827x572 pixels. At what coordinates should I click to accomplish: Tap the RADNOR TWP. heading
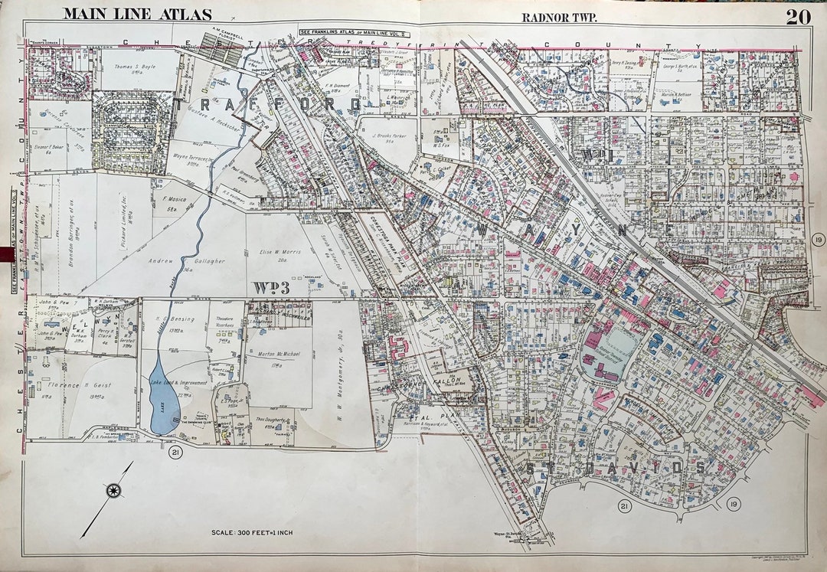(x=559, y=18)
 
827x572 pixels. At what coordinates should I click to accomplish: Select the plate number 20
(x=799, y=16)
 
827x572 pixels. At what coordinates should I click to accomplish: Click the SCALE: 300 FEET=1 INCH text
(x=252, y=532)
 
